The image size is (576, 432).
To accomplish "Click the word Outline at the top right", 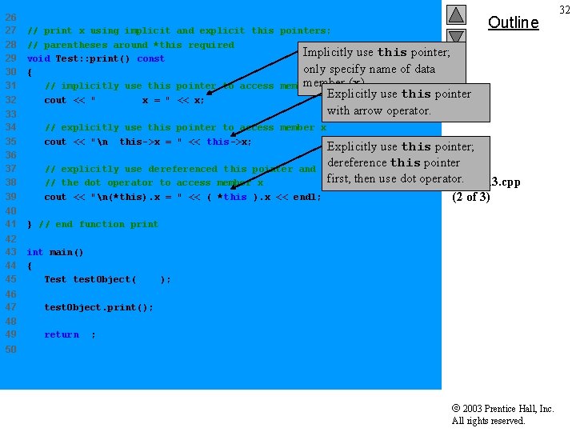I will pos(513,22).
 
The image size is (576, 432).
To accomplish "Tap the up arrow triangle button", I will pos(456,14).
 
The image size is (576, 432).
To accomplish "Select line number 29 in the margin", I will pos(11,58).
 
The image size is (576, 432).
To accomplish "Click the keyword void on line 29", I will pos(38,58).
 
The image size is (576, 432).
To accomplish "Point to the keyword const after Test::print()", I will pos(150,58).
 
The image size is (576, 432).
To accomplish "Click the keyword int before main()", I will pos(35,252).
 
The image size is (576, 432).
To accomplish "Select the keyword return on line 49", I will pos(62,334).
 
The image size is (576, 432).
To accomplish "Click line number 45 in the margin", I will pos(11,279).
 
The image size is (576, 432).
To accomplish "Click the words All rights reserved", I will pos(488,421).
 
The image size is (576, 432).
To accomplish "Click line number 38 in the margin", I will pos(11,182).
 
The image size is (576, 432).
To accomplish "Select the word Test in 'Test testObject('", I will pos(55,279).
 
